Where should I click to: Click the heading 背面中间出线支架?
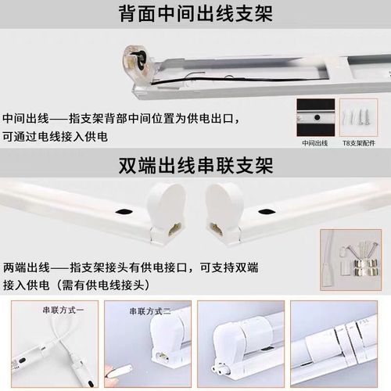[195, 14]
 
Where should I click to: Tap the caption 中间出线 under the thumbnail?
[312, 144]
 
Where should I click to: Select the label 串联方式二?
[149, 310]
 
